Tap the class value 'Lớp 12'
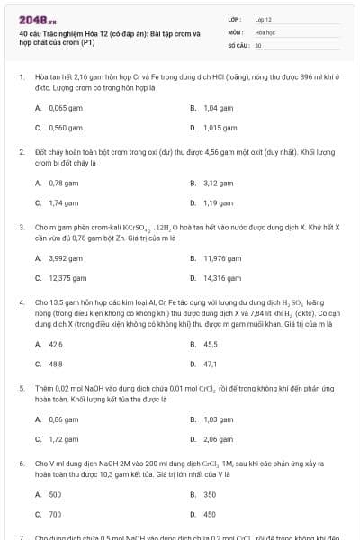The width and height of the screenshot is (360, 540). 264,18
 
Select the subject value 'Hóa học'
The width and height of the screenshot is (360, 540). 265,31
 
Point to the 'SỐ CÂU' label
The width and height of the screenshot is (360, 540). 238,44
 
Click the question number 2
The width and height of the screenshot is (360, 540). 21,152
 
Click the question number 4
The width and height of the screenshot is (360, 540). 21,302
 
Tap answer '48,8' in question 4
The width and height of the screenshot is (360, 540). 56,364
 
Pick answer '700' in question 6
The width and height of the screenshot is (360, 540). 55,514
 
